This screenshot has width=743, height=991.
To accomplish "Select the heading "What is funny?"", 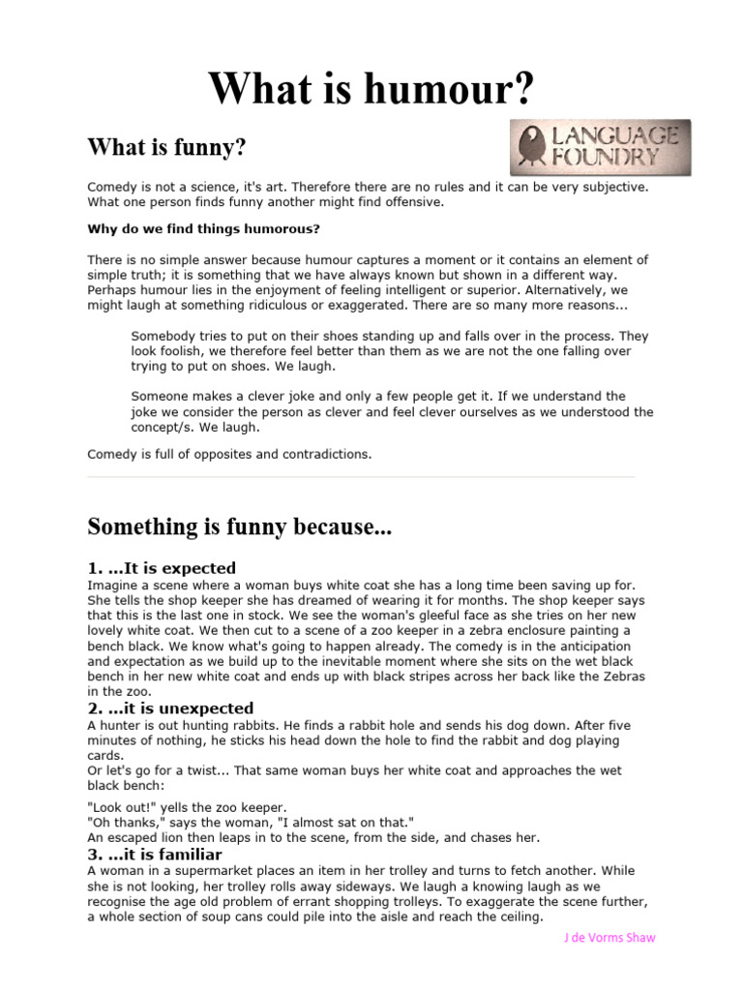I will coord(167,148).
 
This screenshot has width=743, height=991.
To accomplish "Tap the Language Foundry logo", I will coord(600,147).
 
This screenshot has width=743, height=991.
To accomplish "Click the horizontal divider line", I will coord(361,476).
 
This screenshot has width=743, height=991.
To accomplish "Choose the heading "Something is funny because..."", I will coord(240,526).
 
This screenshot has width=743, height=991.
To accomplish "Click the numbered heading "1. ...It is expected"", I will coord(162,568).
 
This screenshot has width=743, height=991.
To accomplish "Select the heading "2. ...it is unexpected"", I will coord(170,708).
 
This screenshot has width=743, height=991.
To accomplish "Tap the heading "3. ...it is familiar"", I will coord(155,855).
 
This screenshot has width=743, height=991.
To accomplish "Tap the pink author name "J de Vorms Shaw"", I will coord(609,938).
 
